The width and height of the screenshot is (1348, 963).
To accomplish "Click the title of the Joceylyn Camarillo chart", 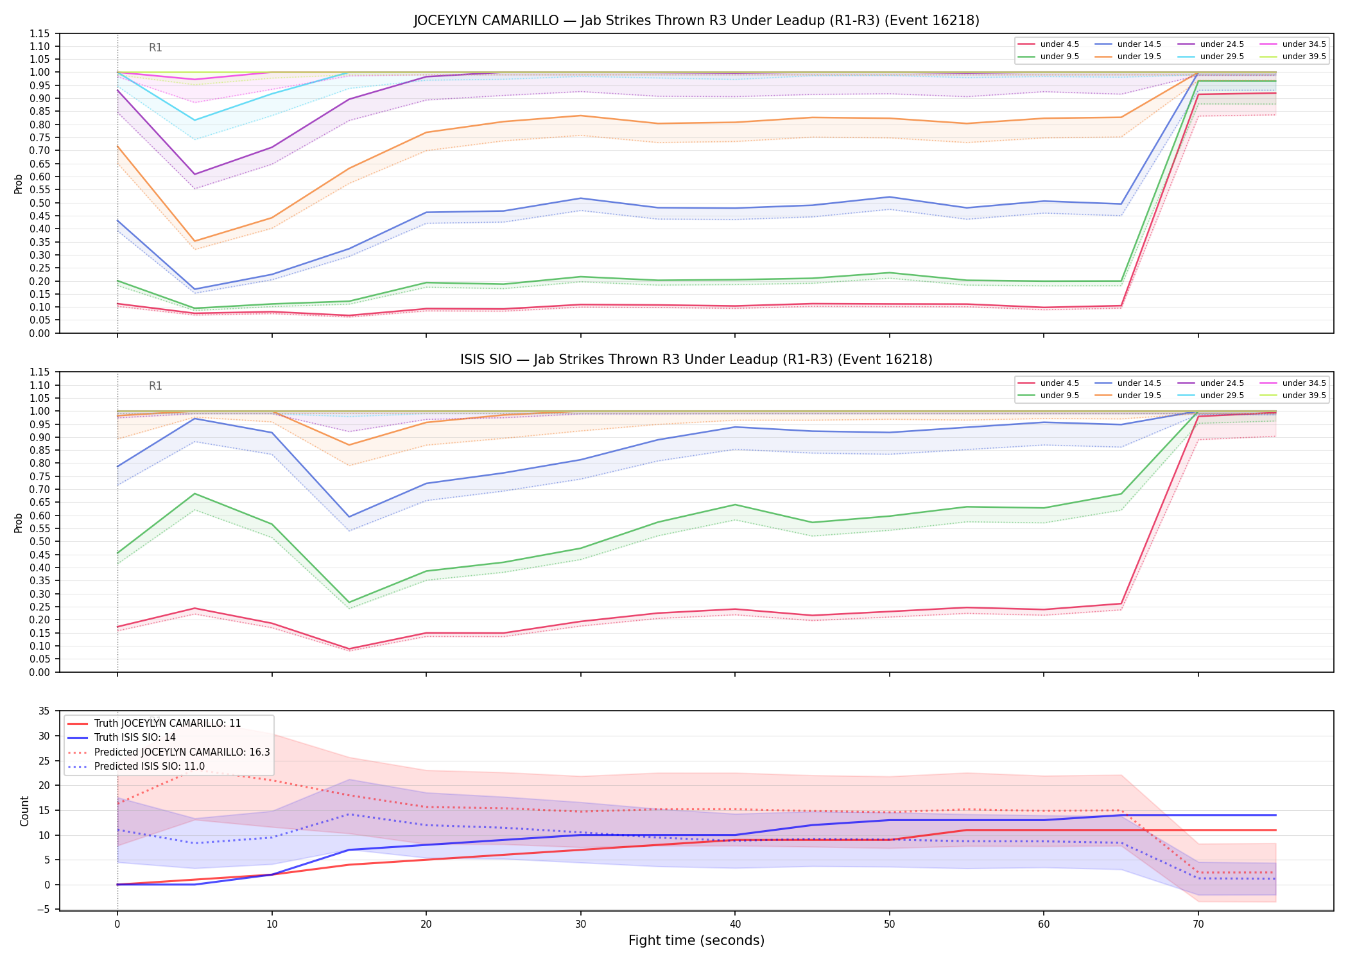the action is tap(696, 21).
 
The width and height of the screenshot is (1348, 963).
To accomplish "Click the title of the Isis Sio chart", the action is tap(696, 360).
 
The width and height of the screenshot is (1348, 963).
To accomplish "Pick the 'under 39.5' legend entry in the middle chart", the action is tap(1297, 395).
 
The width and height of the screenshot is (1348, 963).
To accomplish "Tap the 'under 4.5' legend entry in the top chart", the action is tap(1050, 44).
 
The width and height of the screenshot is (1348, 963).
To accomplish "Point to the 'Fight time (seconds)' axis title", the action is tap(696, 941).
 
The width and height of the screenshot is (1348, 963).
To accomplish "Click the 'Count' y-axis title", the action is tap(24, 811).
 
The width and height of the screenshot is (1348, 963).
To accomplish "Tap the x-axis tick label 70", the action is tap(1198, 924).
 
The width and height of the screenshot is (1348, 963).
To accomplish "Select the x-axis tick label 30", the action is tap(581, 924).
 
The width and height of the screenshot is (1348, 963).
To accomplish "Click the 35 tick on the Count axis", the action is tap(44, 711).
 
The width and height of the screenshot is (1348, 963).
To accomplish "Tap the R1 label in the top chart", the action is tap(155, 48).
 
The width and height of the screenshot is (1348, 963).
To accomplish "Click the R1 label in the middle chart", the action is tap(155, 386).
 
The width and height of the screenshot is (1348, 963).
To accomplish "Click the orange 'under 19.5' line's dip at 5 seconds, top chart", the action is tap(195, 241).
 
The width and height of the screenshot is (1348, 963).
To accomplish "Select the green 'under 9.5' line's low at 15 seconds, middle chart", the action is tap(349, 603).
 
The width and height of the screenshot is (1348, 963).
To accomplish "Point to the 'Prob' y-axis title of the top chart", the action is tap(19, 184).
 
